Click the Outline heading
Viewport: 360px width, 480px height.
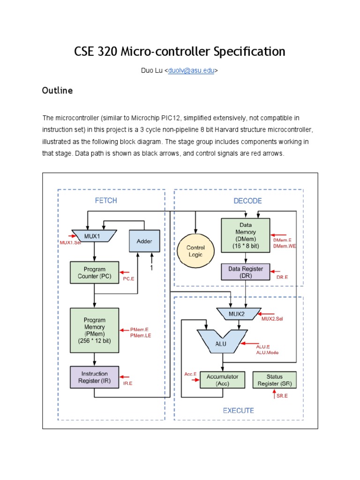[x=57, y=90]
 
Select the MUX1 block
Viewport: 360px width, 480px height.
[x=94, y=236]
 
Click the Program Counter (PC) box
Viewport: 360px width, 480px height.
[x=94, y=273]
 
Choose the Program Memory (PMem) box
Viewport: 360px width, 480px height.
[x=94, y=330]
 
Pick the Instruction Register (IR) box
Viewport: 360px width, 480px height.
[x=94, y=377]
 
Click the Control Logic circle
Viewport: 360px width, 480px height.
[x=196, y=250]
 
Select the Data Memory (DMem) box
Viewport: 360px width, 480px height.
[x=245, y=236]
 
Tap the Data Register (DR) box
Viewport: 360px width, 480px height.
[x=245, y=272]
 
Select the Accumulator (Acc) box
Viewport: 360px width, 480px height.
[x=222, y=380]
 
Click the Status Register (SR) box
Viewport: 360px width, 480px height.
[x=274, y=380]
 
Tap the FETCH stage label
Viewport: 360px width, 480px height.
[x=106, y=201]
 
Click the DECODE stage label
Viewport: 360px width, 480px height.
[x=247, y=201]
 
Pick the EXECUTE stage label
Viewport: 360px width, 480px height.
[x=238, y=411]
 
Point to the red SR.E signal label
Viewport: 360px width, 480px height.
[x=281, y=397]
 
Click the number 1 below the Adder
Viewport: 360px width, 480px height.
[x=151, y=268]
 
